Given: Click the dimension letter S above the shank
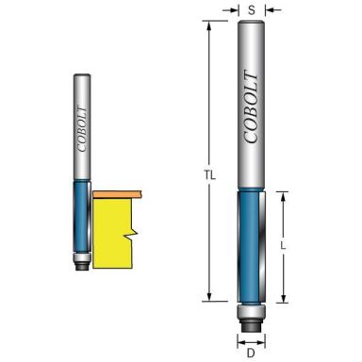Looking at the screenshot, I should (x=251, y=10).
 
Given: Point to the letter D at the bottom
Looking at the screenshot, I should (x=251, y=354).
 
